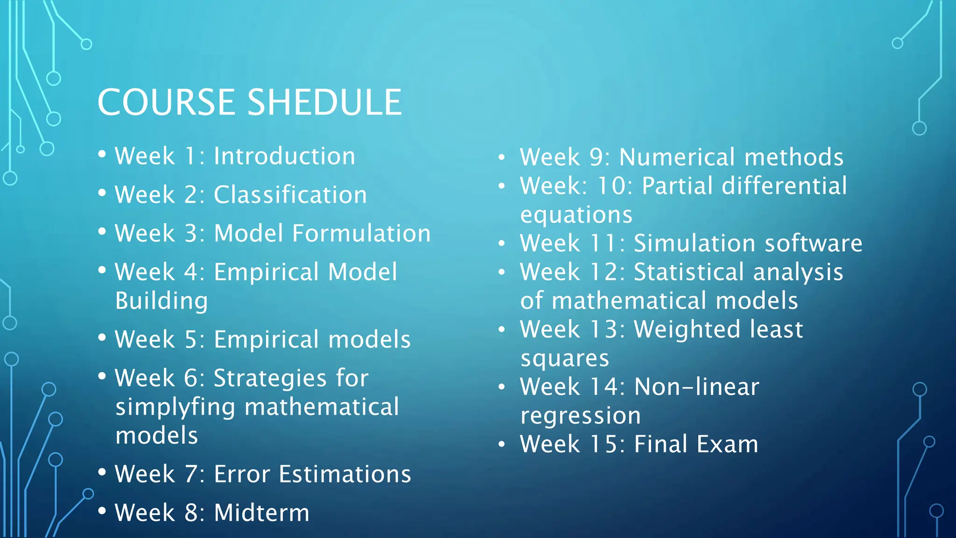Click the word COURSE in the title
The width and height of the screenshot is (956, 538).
tap(166, 102)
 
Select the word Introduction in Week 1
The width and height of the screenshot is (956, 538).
tap(284, 156)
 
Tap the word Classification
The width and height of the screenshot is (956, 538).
tap(290, 195)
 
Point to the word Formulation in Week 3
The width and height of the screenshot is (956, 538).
tap(361, 233)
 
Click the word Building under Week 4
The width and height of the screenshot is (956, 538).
tap(162, 301)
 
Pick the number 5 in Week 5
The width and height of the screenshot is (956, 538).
tap(191, 340)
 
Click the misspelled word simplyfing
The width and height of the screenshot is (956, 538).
tap(175, 407)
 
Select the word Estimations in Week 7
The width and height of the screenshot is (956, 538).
tap(344, 474)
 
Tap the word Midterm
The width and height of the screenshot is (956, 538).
tap(261, 513)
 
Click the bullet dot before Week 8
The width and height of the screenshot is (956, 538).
tap(102, 511)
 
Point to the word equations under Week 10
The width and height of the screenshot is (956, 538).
tap(576, 215)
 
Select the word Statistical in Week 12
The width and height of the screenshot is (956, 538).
tap(689, 272)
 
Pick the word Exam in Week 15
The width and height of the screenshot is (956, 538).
tap(727, 444)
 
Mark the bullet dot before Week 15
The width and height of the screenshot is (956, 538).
tap(501, 445)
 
